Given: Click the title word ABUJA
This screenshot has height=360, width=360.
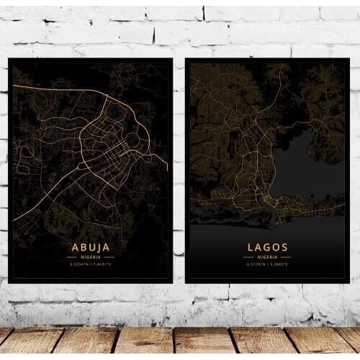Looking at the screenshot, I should pyautogui.click(x=90, y=247).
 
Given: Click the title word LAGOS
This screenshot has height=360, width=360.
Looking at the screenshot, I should pyautogui.click(x=267, y=247).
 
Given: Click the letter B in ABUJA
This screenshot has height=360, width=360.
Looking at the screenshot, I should pyautogui.click(x=81, y=247).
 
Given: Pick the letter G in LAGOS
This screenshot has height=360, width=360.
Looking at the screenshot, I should pyautogui.click(x=267, y=247).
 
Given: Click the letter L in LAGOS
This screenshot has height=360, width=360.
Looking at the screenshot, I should pyautogui.click(x=250, y=247).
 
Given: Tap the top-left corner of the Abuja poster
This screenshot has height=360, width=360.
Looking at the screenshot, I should pyautogui.click(x=9, y=60).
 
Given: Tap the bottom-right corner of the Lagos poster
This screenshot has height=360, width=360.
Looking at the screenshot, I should pyautogui.click(x=348, y=281).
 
